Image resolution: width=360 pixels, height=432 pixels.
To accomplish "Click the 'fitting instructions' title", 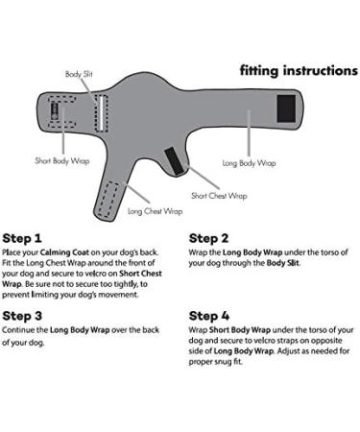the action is (x=299, y=71).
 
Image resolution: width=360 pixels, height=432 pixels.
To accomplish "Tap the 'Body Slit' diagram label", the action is (x=79, y=74).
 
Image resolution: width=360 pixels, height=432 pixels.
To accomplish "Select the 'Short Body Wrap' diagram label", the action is (x=62, y=160).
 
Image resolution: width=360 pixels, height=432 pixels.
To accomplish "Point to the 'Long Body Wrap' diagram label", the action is (x=249, y=163).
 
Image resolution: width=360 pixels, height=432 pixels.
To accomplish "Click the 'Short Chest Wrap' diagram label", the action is (x=219, y=196).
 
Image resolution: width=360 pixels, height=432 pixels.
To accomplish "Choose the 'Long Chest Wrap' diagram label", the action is (x=156, y=211).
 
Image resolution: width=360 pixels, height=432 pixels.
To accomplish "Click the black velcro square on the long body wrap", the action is (x=286, y=108).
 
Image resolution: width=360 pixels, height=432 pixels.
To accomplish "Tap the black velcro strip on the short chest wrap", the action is (x=175, y=161).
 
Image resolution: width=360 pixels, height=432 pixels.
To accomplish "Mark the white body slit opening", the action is (x=101, y=113).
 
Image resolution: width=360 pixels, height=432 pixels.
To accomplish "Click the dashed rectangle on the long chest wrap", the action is (x=108, y=199).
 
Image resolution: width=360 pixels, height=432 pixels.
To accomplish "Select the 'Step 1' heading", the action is (x=22, y=238).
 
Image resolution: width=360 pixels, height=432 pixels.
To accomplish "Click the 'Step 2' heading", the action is (x=208, y=238).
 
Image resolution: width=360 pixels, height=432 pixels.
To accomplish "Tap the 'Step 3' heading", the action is (x=22, y=316).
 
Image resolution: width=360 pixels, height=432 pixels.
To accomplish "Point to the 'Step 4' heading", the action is (x=209, y=316).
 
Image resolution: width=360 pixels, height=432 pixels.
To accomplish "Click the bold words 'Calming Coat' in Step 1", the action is (x=64, y=252).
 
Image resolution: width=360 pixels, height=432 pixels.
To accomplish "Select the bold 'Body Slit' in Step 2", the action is (x=282, y=263).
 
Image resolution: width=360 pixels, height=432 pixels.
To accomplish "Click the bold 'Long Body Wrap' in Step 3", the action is (x=80, y=330).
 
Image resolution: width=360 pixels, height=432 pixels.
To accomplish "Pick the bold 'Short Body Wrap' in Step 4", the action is (x=240, y=330).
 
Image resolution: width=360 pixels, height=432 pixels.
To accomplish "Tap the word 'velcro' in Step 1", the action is (x=96, y=274).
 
